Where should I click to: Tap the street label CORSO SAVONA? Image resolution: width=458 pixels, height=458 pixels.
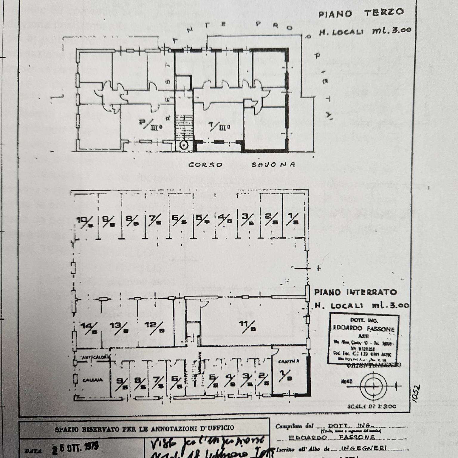pos(242,165)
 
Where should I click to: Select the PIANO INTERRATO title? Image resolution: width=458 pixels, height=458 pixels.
pos(355,292)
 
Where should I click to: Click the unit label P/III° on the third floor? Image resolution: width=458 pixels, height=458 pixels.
pos(151,124)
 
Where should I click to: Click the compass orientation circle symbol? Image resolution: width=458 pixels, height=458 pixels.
pos(374,386)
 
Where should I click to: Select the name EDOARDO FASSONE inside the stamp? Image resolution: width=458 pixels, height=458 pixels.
pos(363,329)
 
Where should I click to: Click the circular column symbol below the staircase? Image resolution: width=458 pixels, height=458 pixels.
pos(184,146)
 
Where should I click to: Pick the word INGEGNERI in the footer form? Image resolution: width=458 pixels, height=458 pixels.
pos(363,448)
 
